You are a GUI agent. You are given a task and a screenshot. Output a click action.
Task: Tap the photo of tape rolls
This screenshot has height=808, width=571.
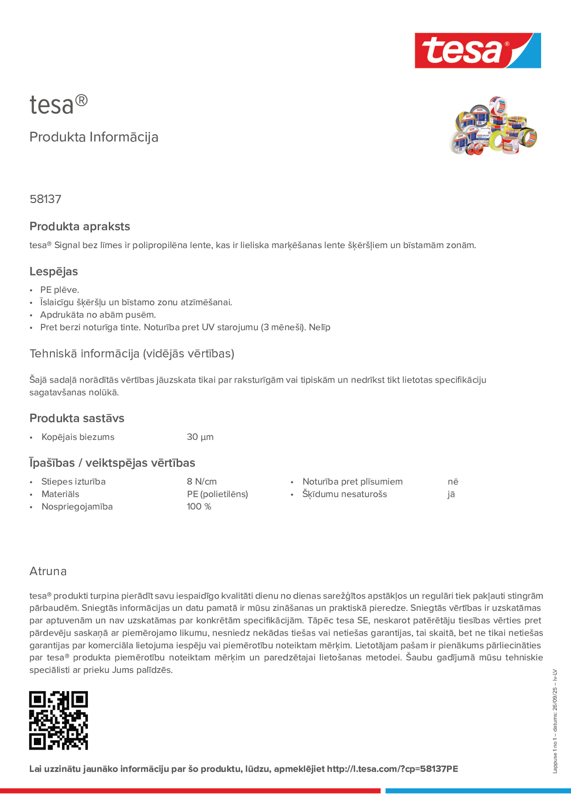[x=493, y=126]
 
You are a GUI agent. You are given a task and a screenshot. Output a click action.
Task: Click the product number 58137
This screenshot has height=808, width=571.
[x=45, y=199]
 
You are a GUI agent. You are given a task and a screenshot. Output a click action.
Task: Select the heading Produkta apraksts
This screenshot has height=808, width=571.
[x=80, y=226]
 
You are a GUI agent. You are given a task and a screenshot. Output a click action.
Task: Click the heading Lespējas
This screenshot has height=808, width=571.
[x=54, y=271]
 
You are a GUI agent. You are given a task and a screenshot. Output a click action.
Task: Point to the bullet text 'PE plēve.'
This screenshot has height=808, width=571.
[x=60, y=290]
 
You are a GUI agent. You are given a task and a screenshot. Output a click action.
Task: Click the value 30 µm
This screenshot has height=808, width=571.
[x=200, y=437]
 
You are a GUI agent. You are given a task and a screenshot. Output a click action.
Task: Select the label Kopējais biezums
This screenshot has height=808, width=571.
[x=78, y=437]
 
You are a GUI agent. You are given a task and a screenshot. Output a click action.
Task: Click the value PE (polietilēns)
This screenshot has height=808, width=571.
[x=217, y=494]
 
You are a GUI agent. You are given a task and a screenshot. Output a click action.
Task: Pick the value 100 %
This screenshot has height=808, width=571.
[x=199, y=506]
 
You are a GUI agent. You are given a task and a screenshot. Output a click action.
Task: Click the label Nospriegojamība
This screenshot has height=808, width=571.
[x=77, y=506]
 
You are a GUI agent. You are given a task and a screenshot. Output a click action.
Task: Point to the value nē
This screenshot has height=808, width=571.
[x=453, y=481]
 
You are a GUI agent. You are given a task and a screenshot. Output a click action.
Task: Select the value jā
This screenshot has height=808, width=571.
[x=451, y=494]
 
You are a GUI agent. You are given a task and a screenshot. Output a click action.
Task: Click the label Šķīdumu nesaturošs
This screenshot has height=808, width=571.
[x=344, y=494]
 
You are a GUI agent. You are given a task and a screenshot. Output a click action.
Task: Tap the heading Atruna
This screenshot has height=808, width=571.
[x=48, y=571]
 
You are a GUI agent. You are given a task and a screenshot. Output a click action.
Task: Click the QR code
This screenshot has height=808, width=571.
[x=58, y=720]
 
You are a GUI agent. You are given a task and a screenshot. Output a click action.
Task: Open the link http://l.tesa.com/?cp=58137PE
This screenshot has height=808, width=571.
[x=392, y=769]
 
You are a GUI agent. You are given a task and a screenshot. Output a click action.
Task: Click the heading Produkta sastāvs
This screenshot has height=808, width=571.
[x=77, y=418]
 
